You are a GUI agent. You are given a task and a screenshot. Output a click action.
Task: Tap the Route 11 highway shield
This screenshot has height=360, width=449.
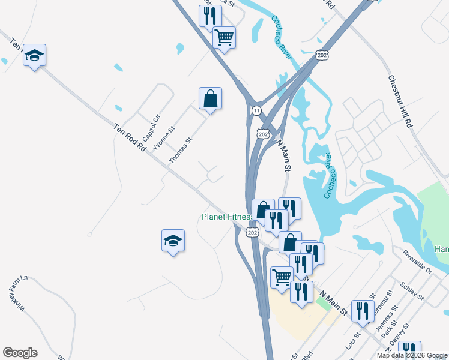(x=256, y=111)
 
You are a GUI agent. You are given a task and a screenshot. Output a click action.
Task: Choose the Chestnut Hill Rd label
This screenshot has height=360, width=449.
(x=399, y=101)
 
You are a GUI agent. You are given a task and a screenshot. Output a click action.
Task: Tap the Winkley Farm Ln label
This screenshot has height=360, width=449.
(x=17, y=293)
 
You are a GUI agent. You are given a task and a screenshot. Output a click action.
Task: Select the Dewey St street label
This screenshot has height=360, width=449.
(x=398, y=335)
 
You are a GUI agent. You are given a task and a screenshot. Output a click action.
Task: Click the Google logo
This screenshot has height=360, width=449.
(x=20, y=353)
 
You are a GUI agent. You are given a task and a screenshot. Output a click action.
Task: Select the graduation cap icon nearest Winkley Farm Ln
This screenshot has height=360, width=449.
(x=173, y=241)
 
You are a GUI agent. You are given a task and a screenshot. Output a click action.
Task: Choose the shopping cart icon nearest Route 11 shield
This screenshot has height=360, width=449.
(x=224, y=37)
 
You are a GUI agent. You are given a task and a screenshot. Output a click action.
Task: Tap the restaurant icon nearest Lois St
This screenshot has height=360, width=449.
(x=362, y=310)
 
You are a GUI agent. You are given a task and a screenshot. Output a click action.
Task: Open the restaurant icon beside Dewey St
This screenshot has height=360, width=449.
(x=409, y=350)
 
